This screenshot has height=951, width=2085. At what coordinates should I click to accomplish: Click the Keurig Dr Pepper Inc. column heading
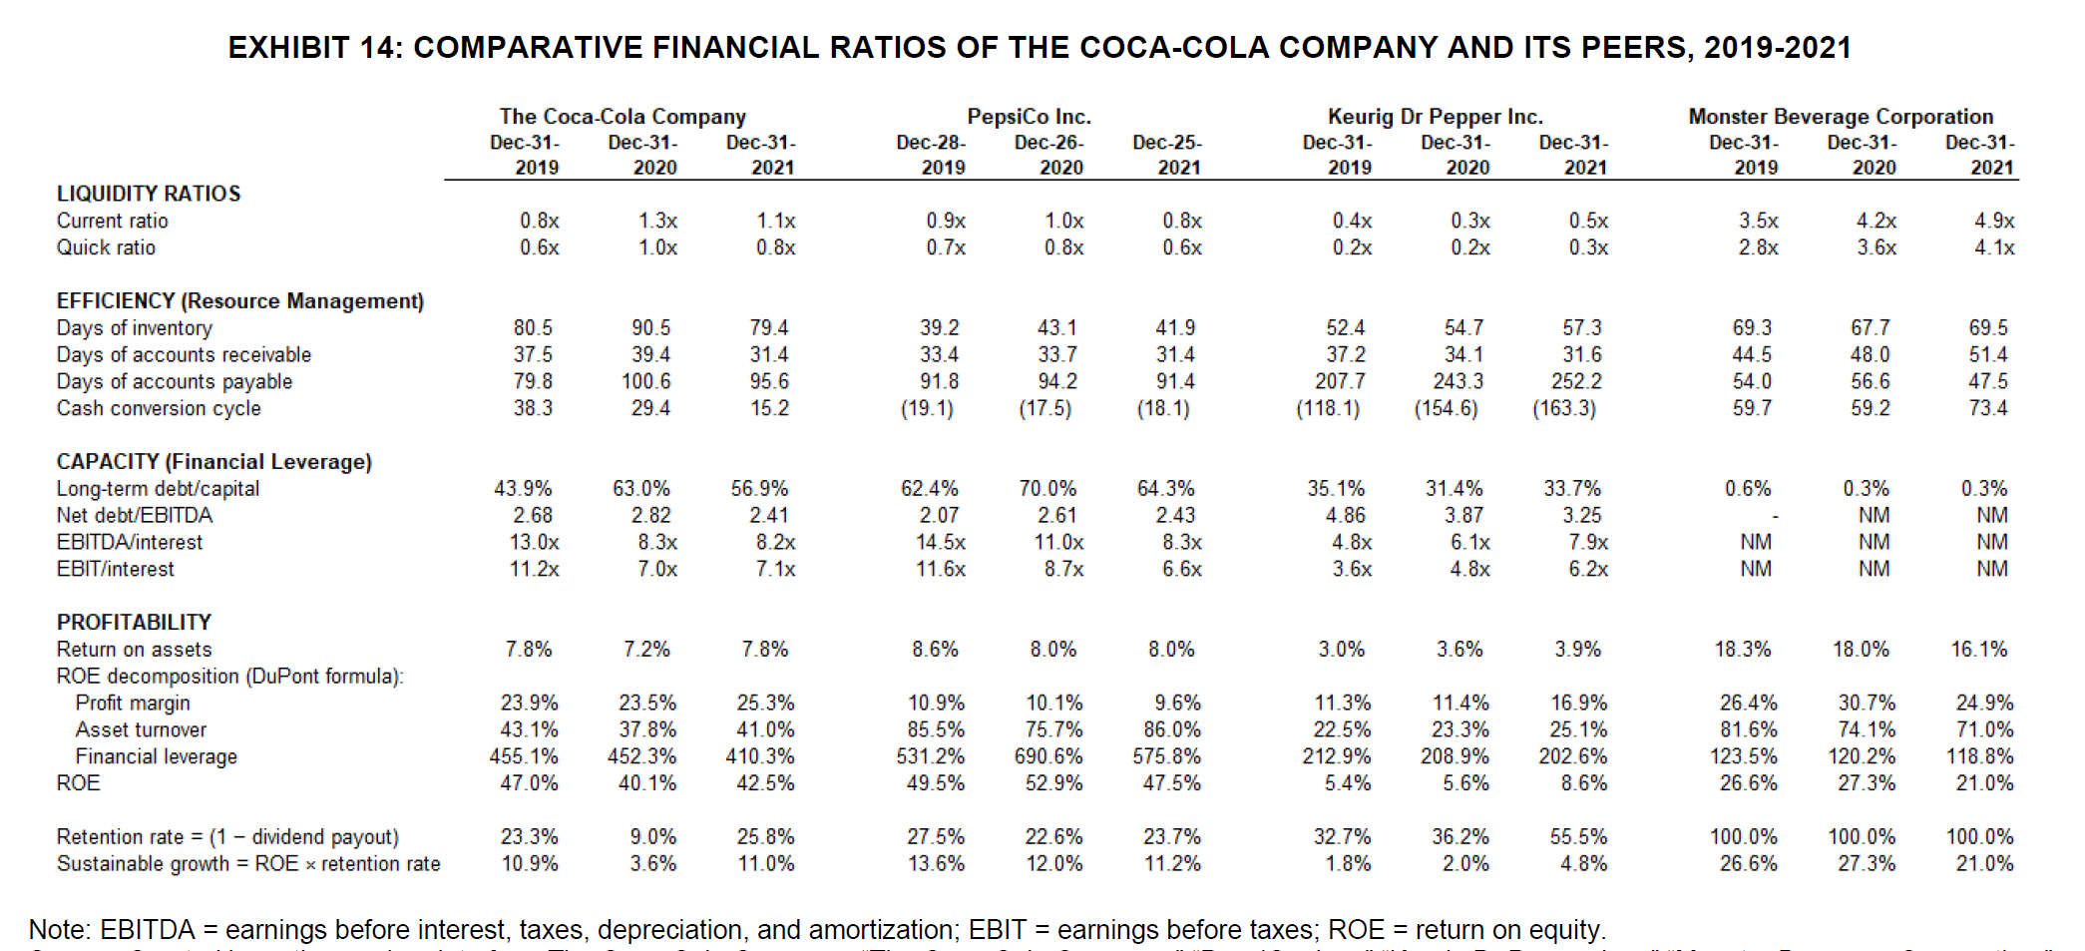[x=1435, y=117]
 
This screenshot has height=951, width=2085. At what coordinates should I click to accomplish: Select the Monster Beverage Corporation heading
[x=1841, y=117]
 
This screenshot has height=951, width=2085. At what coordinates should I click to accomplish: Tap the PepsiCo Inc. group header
[x=1029, y=117]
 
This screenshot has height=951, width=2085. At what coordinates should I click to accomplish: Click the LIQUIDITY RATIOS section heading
[x=149, y=194]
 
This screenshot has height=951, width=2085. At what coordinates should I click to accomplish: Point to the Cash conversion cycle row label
[x=159, y=408]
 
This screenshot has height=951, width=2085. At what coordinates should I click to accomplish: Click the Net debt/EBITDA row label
[x=135, y=515]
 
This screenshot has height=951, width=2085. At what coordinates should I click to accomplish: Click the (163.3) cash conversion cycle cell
[x=1563, y=408]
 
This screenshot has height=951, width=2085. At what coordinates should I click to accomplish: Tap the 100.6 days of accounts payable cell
[x=645, y=381]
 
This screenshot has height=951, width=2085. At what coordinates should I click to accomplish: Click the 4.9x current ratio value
[x=1994, y=221]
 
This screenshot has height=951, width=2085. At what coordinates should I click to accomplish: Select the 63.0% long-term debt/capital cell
[x=640, y=488]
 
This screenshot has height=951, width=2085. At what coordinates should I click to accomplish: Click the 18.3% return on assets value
[x=1742, y=649]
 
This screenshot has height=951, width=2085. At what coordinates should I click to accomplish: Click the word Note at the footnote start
[x=58, y=929]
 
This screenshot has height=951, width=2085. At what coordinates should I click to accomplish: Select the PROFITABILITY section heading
[x=134, y=622]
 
